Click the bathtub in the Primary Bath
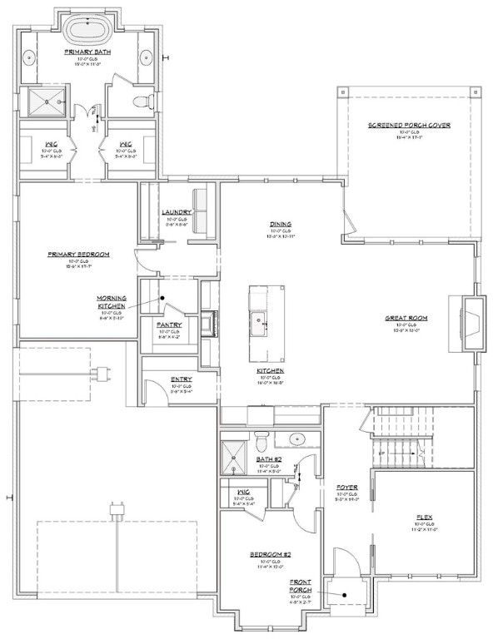click(x=89, y=30)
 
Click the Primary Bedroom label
click(x=79, y=255)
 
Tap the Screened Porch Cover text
click(x=409, y=125)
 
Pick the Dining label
click(x=279, y=224)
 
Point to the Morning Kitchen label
click(x=112, y=302)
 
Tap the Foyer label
click(x=346, y=487)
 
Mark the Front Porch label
click(x=301, y=586)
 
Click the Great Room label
click(x=406, y=318)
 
